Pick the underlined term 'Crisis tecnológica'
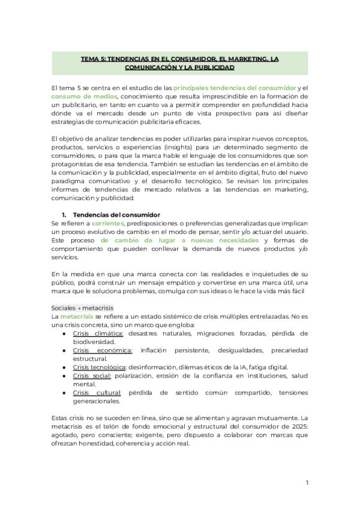pos(100,367)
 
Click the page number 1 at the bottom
pos(306,483)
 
